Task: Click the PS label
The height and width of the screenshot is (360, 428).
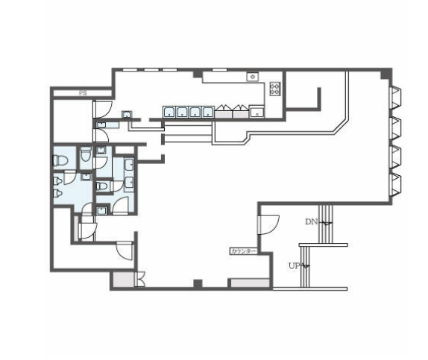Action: click(83, 93)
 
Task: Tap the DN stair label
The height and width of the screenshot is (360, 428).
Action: click(312, 221)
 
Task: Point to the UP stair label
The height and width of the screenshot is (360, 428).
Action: click(295, 265)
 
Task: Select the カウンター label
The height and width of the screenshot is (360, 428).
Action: click(244, 251)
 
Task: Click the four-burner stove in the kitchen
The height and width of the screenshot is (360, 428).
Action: click(275, 89)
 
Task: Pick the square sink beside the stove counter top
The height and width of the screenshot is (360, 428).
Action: click(253, 77)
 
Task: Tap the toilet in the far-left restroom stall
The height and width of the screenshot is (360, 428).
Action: click(60, 160)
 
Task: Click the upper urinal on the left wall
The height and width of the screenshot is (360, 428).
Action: click(57, 181)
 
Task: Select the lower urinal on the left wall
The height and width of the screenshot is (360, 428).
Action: click(57, 194)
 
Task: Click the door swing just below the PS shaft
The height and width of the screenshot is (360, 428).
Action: click(103, 110)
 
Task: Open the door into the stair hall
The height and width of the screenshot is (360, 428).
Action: click(268, 224)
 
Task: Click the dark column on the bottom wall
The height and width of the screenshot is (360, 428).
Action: click(198, 283)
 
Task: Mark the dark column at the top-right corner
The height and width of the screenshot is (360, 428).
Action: click(386, 74)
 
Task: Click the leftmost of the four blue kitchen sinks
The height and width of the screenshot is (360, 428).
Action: click(169, 112)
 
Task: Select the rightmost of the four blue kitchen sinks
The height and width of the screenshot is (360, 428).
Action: click(208, 112)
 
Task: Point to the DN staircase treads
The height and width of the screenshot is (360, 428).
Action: click(326, 224)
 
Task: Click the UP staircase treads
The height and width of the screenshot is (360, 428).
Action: click(305, 267)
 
